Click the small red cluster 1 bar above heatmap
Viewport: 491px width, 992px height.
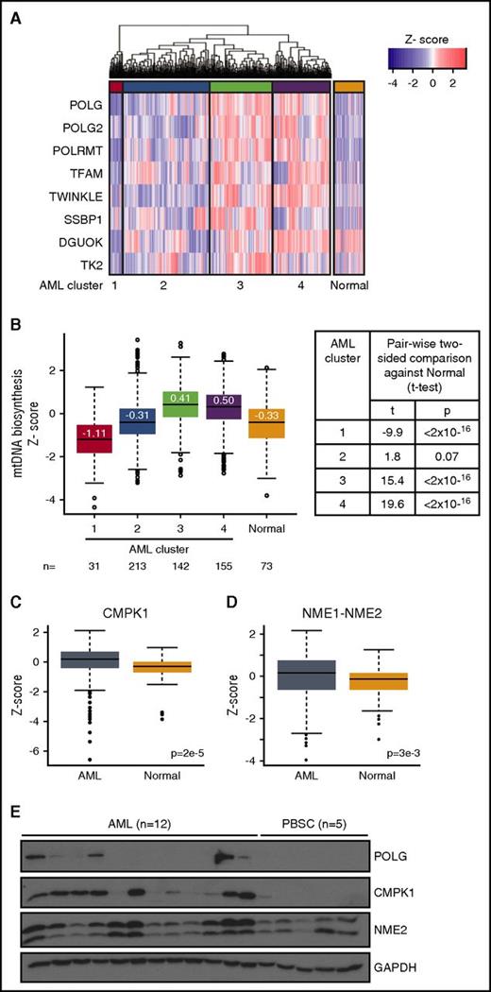pos(115,87)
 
